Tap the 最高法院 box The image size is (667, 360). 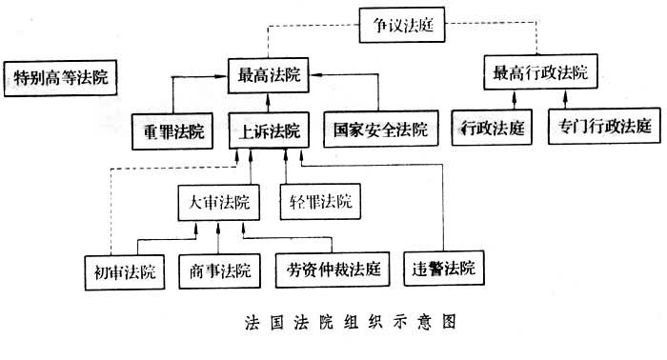tap(271, 75)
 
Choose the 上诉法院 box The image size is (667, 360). tap(271, 130)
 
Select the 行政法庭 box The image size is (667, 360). tap(491, 127)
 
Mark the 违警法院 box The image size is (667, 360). tap(443, 268)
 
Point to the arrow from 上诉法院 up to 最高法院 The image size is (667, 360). tap(271, 102)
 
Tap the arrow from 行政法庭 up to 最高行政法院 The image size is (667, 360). tap(491, 101)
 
